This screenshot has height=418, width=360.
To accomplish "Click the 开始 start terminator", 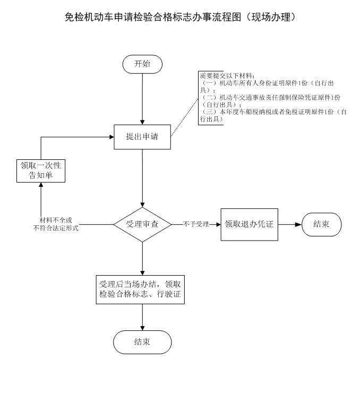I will coord(142,64).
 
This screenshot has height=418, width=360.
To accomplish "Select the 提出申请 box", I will coord(142,137).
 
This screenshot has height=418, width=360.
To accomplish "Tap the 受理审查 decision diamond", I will coord(142,224).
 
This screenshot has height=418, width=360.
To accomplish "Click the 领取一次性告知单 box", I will coord(40,170).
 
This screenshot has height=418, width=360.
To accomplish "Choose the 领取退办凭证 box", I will coord(249,224).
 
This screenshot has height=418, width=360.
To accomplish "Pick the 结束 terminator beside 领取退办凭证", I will coord(321,224).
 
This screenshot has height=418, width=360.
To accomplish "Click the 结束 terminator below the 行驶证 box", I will coord(142,342).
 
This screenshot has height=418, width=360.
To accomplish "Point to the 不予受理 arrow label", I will coord(196,224).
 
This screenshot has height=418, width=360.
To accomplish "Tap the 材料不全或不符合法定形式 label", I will coord(56,224).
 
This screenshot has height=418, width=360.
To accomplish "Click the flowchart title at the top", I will coord(179,17).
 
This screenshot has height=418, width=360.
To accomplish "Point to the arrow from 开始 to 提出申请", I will coord(142,98).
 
